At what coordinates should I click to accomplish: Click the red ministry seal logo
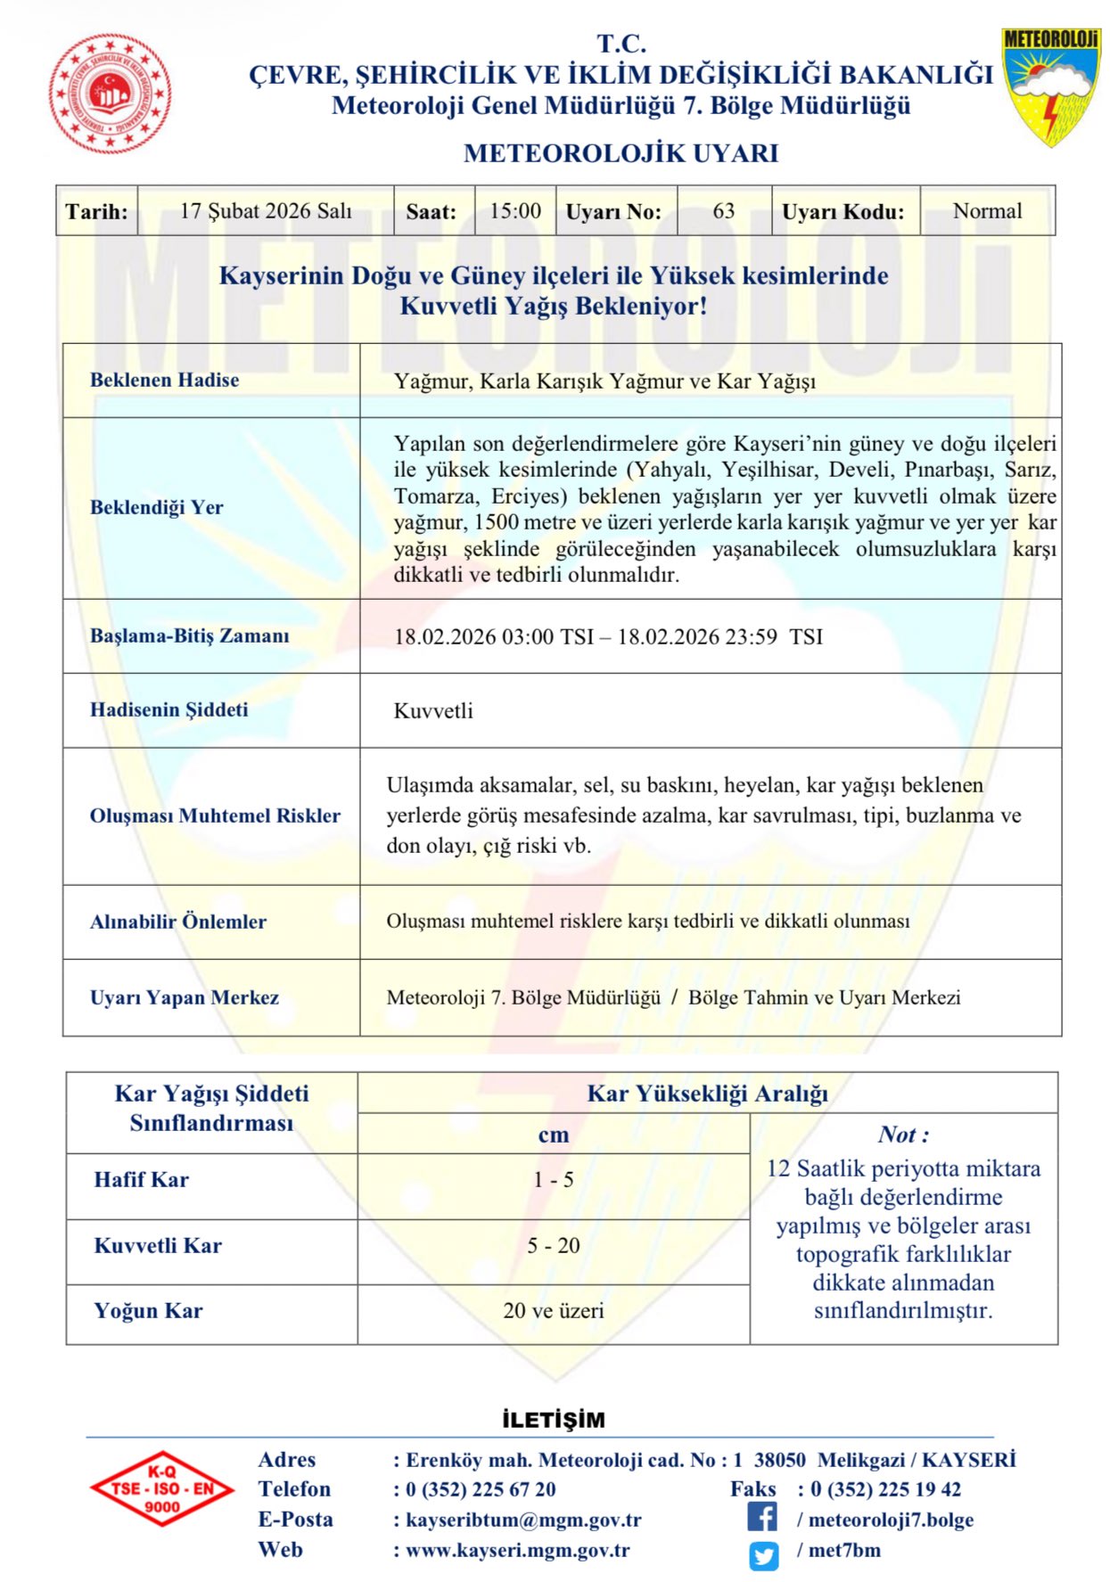pos(110,94)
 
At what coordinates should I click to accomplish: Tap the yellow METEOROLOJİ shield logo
pos(1050,86)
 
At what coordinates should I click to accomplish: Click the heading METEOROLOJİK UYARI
pos(621,153)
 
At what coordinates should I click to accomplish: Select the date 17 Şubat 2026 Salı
pos(266,211)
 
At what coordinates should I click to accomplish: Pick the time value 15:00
pos(515,211)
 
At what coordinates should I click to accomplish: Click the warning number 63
pos(724,211)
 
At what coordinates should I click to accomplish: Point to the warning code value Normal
pos(987,211)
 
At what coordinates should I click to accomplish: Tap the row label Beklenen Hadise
pos(165,380)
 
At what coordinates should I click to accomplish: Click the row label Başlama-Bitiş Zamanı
pos(190,635)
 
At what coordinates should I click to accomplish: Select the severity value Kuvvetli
pos(433,711)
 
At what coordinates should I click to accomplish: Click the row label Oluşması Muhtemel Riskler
pos(215,816)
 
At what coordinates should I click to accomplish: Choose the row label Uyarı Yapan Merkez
pos(185,997)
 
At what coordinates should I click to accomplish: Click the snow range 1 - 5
pos(553,1179)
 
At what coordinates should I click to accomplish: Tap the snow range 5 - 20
pos(553,1245)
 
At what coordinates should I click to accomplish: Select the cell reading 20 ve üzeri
pos(553,1310)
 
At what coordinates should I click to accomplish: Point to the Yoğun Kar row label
pos(149,1310)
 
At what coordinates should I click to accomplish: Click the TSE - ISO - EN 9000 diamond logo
pos(161,1488)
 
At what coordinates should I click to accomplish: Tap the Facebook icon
pos(762,1517)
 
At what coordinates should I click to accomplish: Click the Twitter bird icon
pos(763,1555)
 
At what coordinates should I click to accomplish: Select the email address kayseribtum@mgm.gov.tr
pos(523,1520)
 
